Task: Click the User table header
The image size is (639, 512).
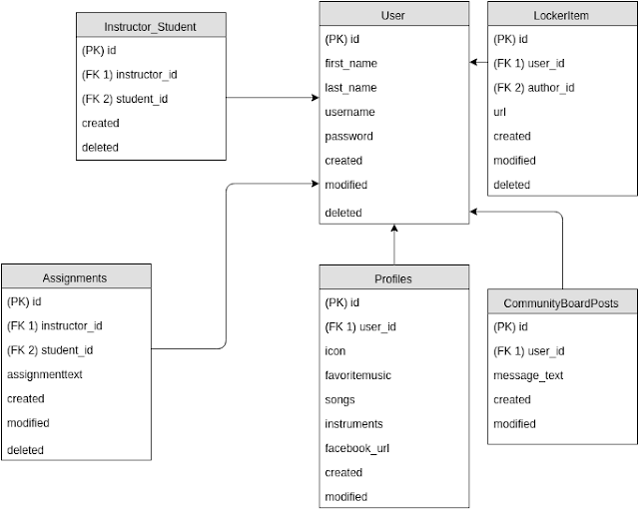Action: point(393,15)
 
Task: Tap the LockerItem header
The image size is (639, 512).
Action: point(562,15)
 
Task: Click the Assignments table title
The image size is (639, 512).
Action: point(76,276)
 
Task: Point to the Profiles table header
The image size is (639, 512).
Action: point(393,277)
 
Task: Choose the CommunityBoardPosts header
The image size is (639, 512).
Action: point(562,301)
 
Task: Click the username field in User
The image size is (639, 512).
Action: point(350,112)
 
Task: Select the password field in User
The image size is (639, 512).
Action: point(349,136)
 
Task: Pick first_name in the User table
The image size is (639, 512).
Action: point(351,64)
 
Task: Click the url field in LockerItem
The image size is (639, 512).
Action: point(500,112)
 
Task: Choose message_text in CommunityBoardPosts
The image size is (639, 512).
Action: point(529,375)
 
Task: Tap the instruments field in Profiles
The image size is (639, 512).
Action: point(354,424)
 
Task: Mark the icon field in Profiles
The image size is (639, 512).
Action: point(335,351)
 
